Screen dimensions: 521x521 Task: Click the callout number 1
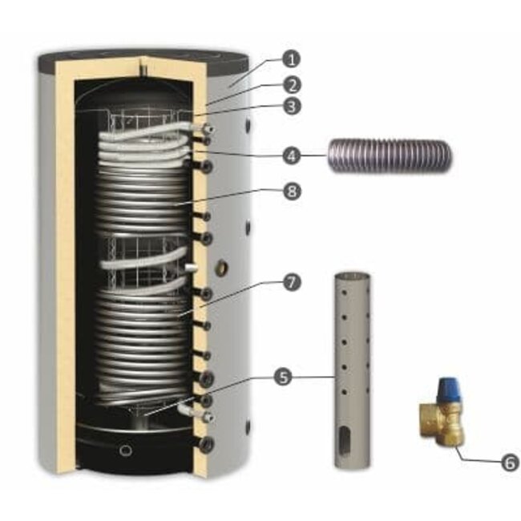point(291,59)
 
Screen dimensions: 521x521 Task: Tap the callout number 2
point(292,85)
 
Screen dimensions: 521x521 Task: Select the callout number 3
point(292,107)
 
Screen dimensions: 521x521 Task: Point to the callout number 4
point(292,155)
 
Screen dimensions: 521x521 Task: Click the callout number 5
point(283,378)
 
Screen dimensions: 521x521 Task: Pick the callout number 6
point(510,462)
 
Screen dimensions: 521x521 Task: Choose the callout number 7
point(292,283)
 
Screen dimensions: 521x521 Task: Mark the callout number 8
point(292,191)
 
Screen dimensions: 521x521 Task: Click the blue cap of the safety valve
point(447,389)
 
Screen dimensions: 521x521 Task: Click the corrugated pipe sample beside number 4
point(390,155)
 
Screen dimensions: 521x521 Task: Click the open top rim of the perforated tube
point(352,276)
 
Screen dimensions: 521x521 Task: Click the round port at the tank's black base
point(126,450)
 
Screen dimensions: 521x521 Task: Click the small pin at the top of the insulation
point(143,63)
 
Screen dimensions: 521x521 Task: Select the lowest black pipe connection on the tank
point(206,444)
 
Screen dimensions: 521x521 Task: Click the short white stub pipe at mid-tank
point(192,268)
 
